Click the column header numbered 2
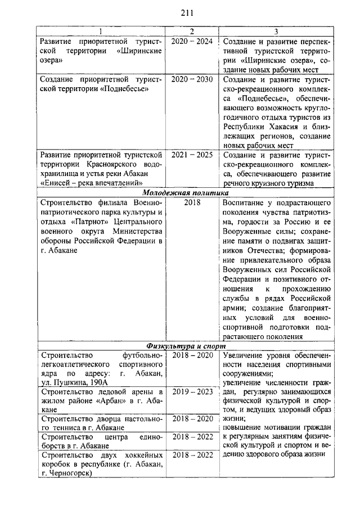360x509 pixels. tap(191, 31)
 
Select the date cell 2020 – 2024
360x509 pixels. tap(191, 42)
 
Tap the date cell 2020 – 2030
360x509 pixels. tap(191, 79)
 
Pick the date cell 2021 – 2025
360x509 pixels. tap(191, 154)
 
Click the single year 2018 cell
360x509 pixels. tap(191, 201)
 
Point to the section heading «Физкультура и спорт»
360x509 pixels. tap(186, 345)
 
